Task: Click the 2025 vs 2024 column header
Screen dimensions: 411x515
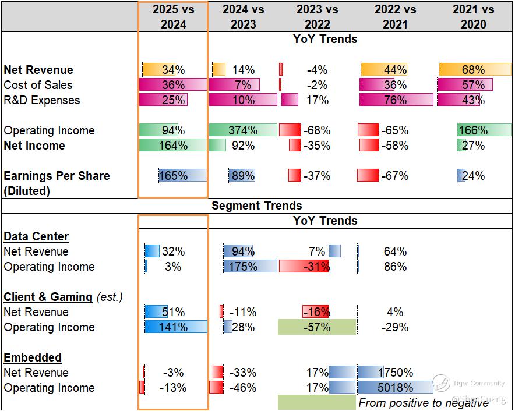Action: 173,16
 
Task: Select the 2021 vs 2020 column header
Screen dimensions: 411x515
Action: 473,16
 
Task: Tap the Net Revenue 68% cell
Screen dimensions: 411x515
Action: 473,70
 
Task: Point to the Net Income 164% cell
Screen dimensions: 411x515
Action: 173,146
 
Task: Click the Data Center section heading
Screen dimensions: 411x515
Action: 36,236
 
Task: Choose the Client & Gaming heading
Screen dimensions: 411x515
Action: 48,297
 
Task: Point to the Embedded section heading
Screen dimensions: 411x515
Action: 33,357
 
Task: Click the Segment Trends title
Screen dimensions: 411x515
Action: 257,205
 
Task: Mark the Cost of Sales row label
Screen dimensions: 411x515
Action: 38,85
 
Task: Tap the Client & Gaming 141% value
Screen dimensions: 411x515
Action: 173,327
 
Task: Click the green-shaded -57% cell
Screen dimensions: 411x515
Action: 317,327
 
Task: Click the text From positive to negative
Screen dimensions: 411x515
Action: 424,403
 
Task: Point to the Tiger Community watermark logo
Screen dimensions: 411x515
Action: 442,382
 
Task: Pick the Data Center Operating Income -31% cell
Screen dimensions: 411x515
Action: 317,267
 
